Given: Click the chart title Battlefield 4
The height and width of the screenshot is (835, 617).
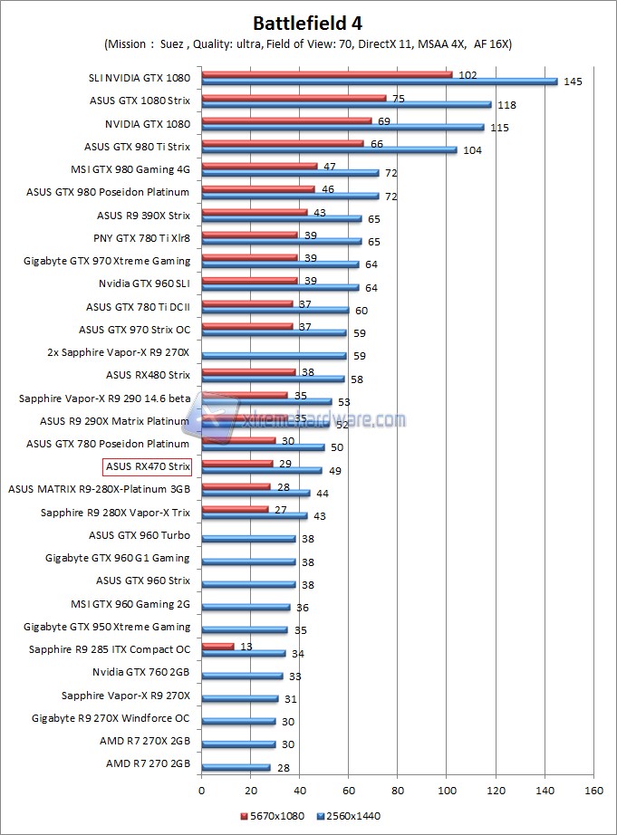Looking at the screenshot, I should click(x=308, y=23).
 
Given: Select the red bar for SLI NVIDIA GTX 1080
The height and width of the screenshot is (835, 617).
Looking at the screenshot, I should click(x=326, y=74).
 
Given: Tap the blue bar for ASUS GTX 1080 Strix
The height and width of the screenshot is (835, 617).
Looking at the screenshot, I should click(x=346, y=104).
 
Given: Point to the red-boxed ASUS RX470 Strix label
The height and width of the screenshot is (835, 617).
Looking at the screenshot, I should click(x=148, y=466).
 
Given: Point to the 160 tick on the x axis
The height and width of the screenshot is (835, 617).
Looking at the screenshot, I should click(x=593, y=790).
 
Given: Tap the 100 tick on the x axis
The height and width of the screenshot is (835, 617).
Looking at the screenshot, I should click(x=446, y=790).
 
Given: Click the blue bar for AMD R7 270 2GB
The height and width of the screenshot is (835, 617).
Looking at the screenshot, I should click(x=236, y=767).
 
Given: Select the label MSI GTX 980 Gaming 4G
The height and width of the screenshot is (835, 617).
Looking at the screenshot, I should click(x=130, y=168).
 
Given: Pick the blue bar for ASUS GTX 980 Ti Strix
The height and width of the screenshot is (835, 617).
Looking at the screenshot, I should click(x=329, y=150).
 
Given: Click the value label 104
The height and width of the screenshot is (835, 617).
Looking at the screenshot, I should click(x=472, y=150).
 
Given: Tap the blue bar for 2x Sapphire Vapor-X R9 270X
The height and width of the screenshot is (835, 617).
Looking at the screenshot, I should click(x=274, y=356).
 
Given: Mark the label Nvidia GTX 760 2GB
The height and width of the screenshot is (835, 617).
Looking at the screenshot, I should click(x=141, y=672).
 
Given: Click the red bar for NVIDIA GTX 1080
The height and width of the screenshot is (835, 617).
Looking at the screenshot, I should click(x=286, y=120).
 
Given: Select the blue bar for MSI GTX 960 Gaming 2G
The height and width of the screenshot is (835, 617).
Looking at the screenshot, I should click(x=246, y=607).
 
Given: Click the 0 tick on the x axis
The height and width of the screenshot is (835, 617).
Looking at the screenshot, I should click(x=201, y=790).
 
